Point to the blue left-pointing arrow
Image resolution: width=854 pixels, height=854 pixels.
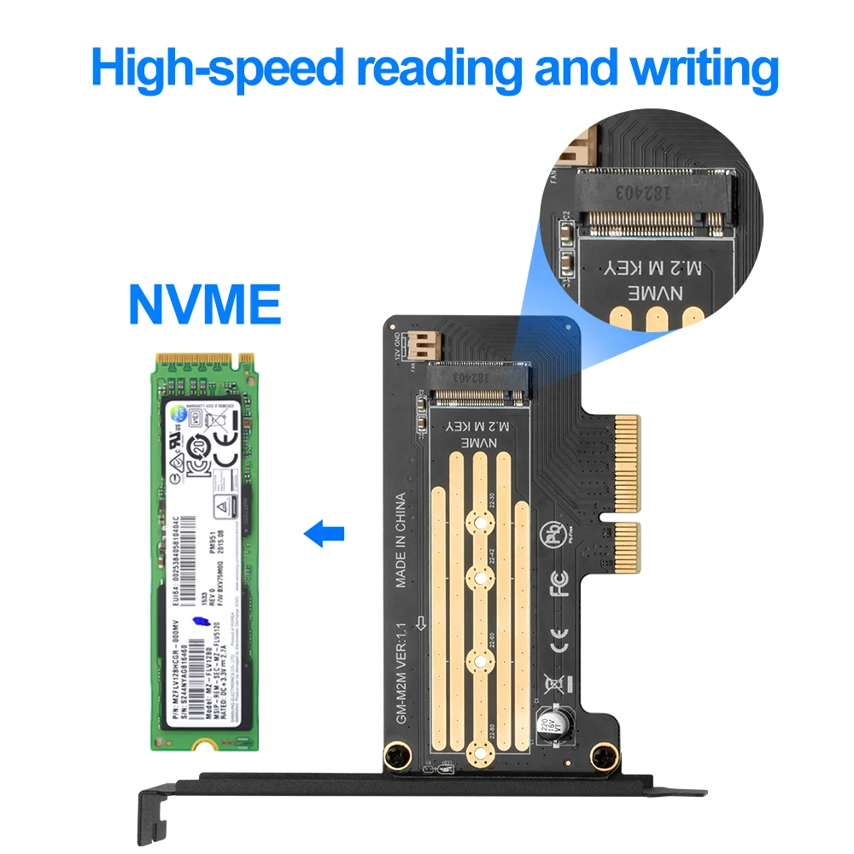[x=325, y=535]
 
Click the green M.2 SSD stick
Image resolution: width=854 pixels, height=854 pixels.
[x=204, y=551]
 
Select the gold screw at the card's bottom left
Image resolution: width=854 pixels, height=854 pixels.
[x=395, y=754]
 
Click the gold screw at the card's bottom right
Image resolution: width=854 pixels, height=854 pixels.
[x=603, y=754]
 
